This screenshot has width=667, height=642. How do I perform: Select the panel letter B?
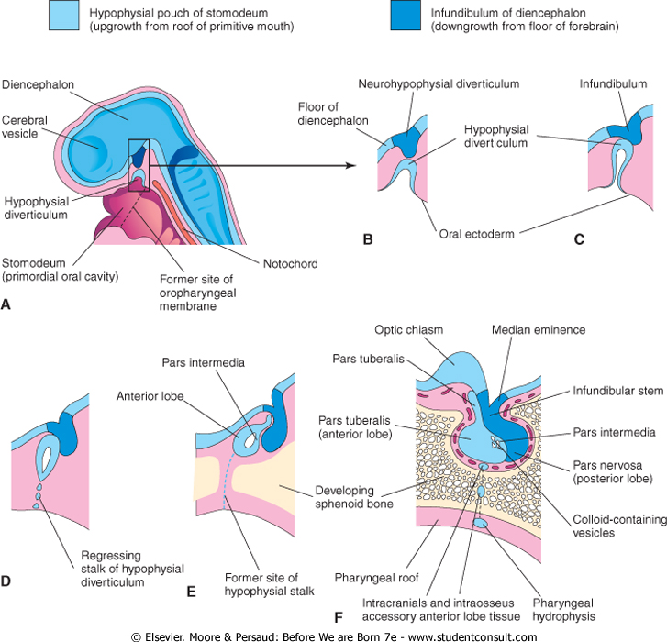[x=369, y=240]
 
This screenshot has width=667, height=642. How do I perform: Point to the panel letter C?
[x=579, y=240]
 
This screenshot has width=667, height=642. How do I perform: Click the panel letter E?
[x=191, y=591]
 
